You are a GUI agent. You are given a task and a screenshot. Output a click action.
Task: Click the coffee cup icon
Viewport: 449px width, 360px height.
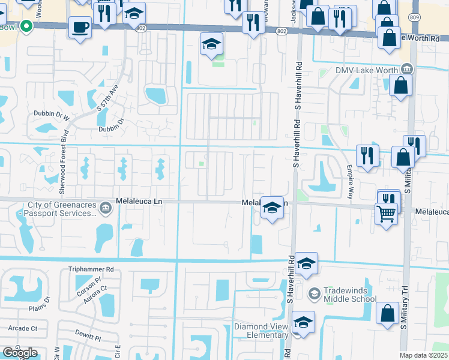click(80, 27)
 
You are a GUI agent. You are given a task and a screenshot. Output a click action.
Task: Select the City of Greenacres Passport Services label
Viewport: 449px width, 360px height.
click(59, 208)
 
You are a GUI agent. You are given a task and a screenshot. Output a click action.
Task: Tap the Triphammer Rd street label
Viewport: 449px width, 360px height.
click(91, 269)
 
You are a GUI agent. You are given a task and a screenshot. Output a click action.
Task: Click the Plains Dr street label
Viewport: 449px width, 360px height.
click(42, 308)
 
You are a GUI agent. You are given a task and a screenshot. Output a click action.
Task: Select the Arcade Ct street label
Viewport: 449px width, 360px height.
click(23, 328)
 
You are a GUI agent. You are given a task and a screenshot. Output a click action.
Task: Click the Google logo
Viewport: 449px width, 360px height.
click(20, 353)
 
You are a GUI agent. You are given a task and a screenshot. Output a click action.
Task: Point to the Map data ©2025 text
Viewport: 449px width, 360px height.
click(423, 355)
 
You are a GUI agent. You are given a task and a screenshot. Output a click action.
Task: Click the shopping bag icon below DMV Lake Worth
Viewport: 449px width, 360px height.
click(400, 85)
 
